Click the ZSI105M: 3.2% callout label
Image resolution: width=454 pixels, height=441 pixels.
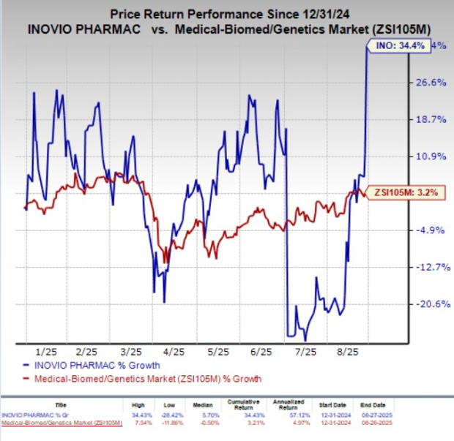(x=395, y=193)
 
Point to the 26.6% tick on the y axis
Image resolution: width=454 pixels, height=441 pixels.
(x=431, y=83)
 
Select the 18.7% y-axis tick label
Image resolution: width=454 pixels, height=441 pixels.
(x=431, y=119)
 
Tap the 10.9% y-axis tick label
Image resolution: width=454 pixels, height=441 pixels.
(x=431, y=157)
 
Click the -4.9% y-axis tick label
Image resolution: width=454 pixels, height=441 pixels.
(x=431, y=230)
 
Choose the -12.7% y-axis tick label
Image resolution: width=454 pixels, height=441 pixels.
(x=431, y=267)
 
